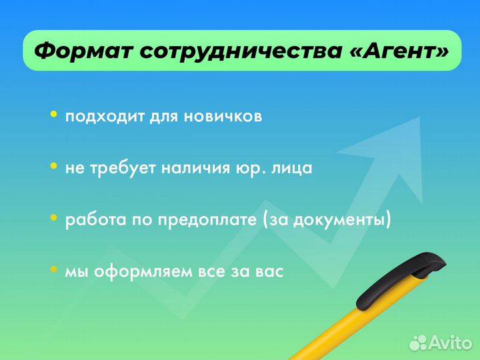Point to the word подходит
(98, 117)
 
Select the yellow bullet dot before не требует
(54, 167)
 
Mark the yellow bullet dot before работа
(54, 219)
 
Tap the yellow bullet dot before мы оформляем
(54, 270)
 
